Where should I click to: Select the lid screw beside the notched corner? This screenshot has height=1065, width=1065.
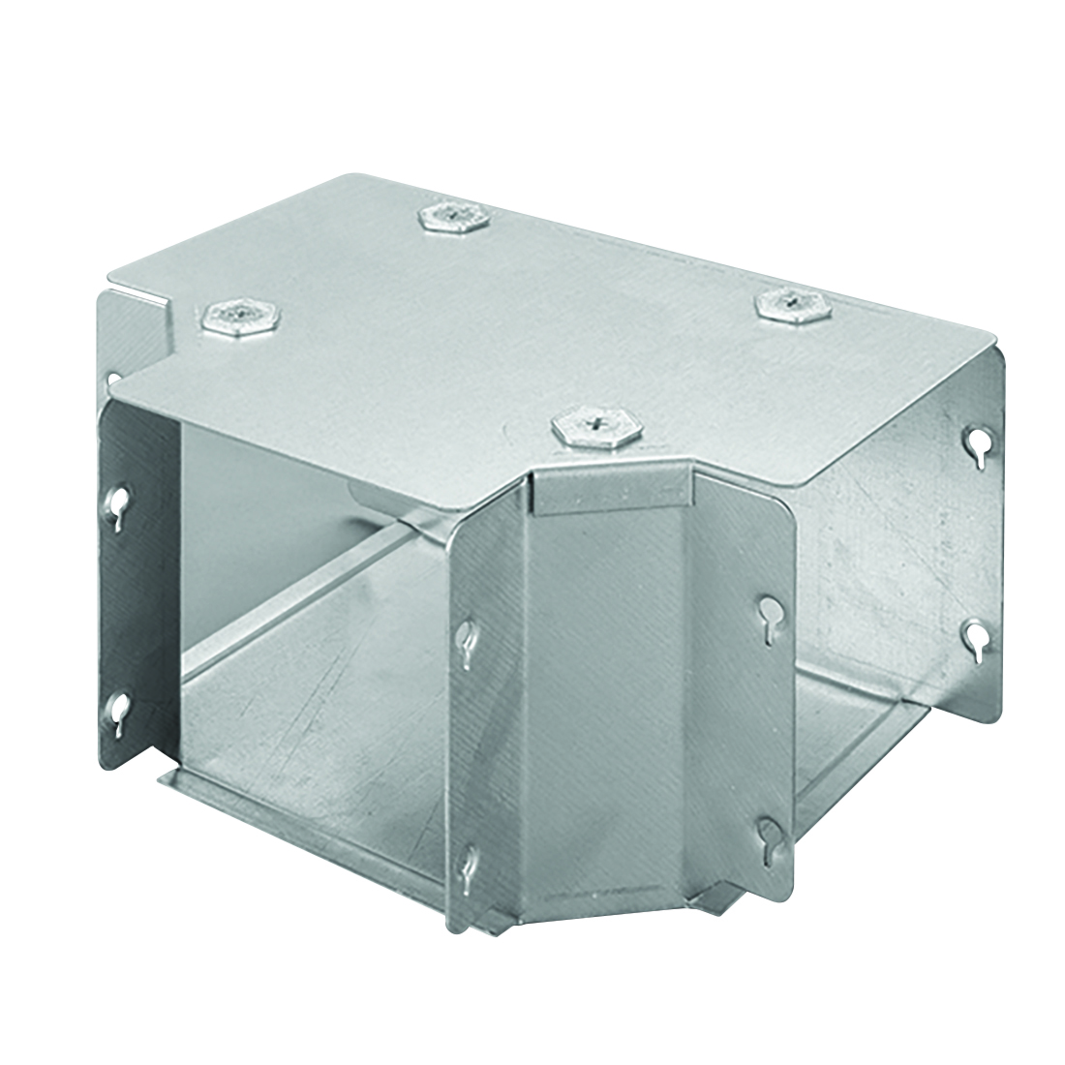coord(238,317)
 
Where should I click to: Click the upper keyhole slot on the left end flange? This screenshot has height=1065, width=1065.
coord(118,503)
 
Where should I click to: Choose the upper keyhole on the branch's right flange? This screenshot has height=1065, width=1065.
coord(771,612)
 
